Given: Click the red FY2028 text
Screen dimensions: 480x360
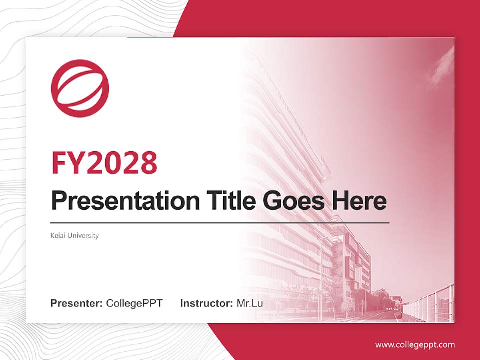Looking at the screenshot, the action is (x=104, y=163).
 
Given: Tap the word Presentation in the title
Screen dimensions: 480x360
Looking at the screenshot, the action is (x=125, y=201).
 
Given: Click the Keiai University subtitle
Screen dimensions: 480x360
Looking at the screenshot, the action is (x=75, y=235).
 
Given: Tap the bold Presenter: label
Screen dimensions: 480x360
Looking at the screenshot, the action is (x=76, y=303).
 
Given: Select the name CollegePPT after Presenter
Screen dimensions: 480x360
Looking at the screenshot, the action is (x=134, y=303).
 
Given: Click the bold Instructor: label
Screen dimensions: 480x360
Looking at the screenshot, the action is (x=207, y=303).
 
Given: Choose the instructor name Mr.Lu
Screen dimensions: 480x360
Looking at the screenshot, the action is (x=250, y=303).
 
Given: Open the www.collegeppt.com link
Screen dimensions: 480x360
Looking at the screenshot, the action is (x=415, y=345).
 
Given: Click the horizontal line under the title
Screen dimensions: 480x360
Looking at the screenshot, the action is (x=220, y=223).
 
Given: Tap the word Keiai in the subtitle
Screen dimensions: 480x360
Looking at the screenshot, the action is (x=58, y=235).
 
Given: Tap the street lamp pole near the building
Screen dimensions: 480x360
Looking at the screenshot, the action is (x=321, y=279).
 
